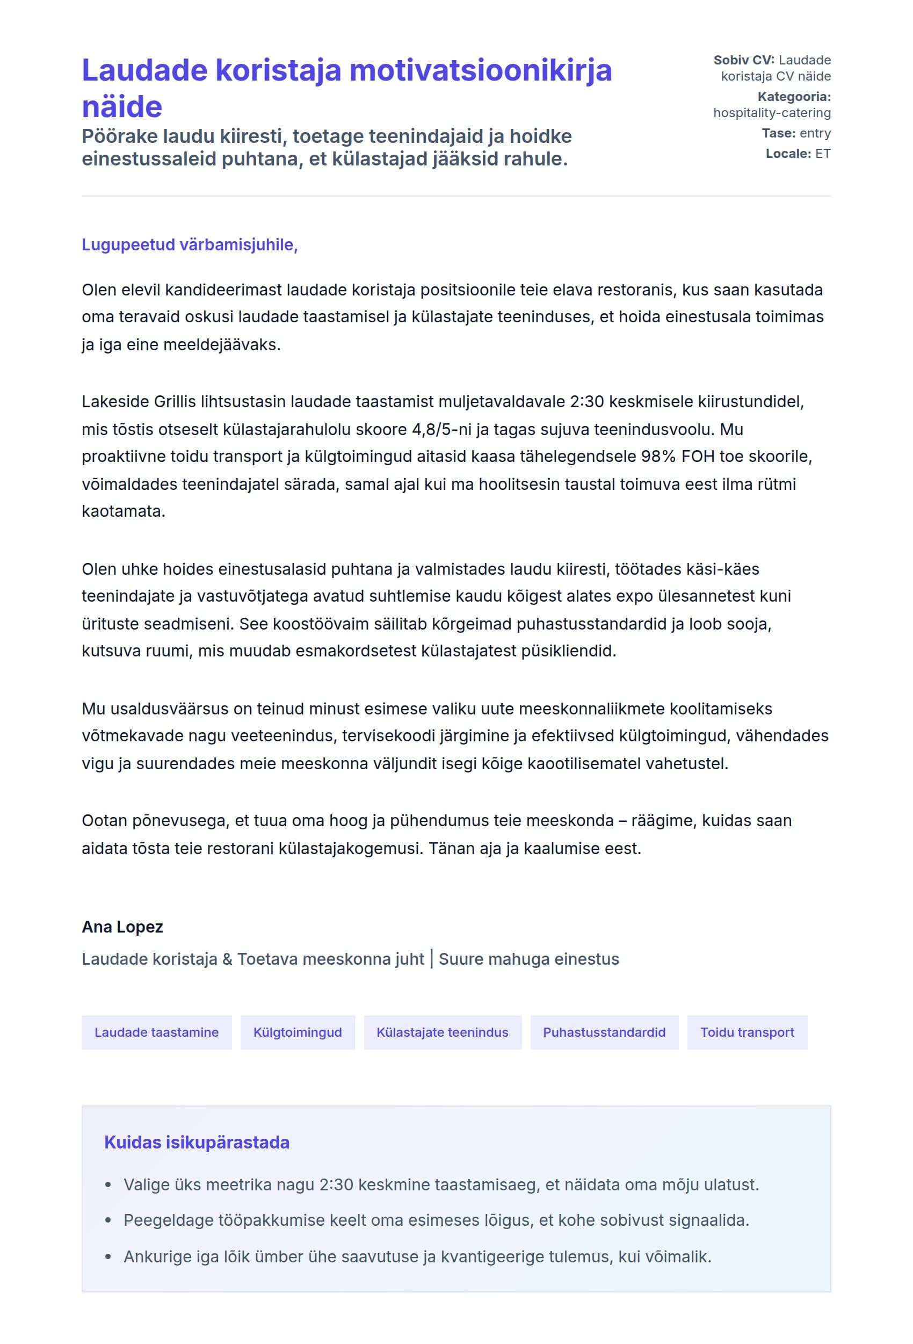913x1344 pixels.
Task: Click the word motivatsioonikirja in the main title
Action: coord(480,70)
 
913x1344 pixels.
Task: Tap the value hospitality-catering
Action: coord(772,113)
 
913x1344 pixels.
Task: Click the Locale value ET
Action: coord(822,154)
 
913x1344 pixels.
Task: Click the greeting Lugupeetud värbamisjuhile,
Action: coord(189,244)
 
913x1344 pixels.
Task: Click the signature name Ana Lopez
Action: coord(122,927)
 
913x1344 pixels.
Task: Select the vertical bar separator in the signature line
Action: coord(431,959)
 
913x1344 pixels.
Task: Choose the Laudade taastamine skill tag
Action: coord(156,1032)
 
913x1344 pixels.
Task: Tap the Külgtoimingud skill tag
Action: coord(297,1032)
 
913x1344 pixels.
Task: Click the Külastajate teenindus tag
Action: coord(443,1032)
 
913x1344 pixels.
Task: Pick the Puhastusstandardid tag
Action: coord(604,1032)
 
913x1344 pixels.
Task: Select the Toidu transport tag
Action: coord(747,1032)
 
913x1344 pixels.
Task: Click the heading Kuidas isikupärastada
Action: coord(197,1142)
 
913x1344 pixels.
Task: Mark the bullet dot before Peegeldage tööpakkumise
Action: coord(108,1220)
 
